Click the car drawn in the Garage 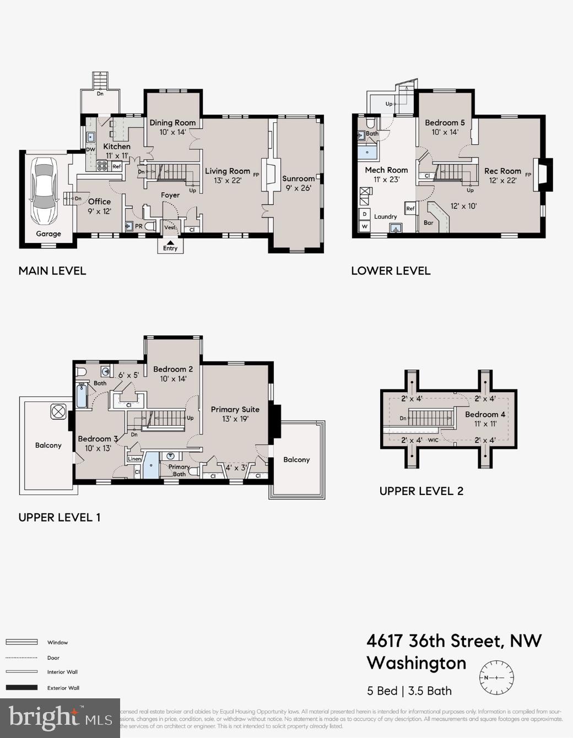point(44,191)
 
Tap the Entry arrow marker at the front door point(170,242)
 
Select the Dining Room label point(172,123)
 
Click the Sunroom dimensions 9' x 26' point(298,188)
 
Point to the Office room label point(99,202)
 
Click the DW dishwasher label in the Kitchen point(90,150)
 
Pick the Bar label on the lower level point(428,223)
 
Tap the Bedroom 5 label point(445,123)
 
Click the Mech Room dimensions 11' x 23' point(386,179)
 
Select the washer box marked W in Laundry point(364,226)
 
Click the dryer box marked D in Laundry point(364,214)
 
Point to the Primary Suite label point(235,409)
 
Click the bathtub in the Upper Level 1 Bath point(82,395)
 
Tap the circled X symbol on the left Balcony point(58,411)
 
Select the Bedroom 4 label point(485,414)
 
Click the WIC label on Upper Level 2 point(433,440)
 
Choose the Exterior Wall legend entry point(63,687)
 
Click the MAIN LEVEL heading point(52,270)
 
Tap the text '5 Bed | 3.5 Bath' point(409,691)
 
